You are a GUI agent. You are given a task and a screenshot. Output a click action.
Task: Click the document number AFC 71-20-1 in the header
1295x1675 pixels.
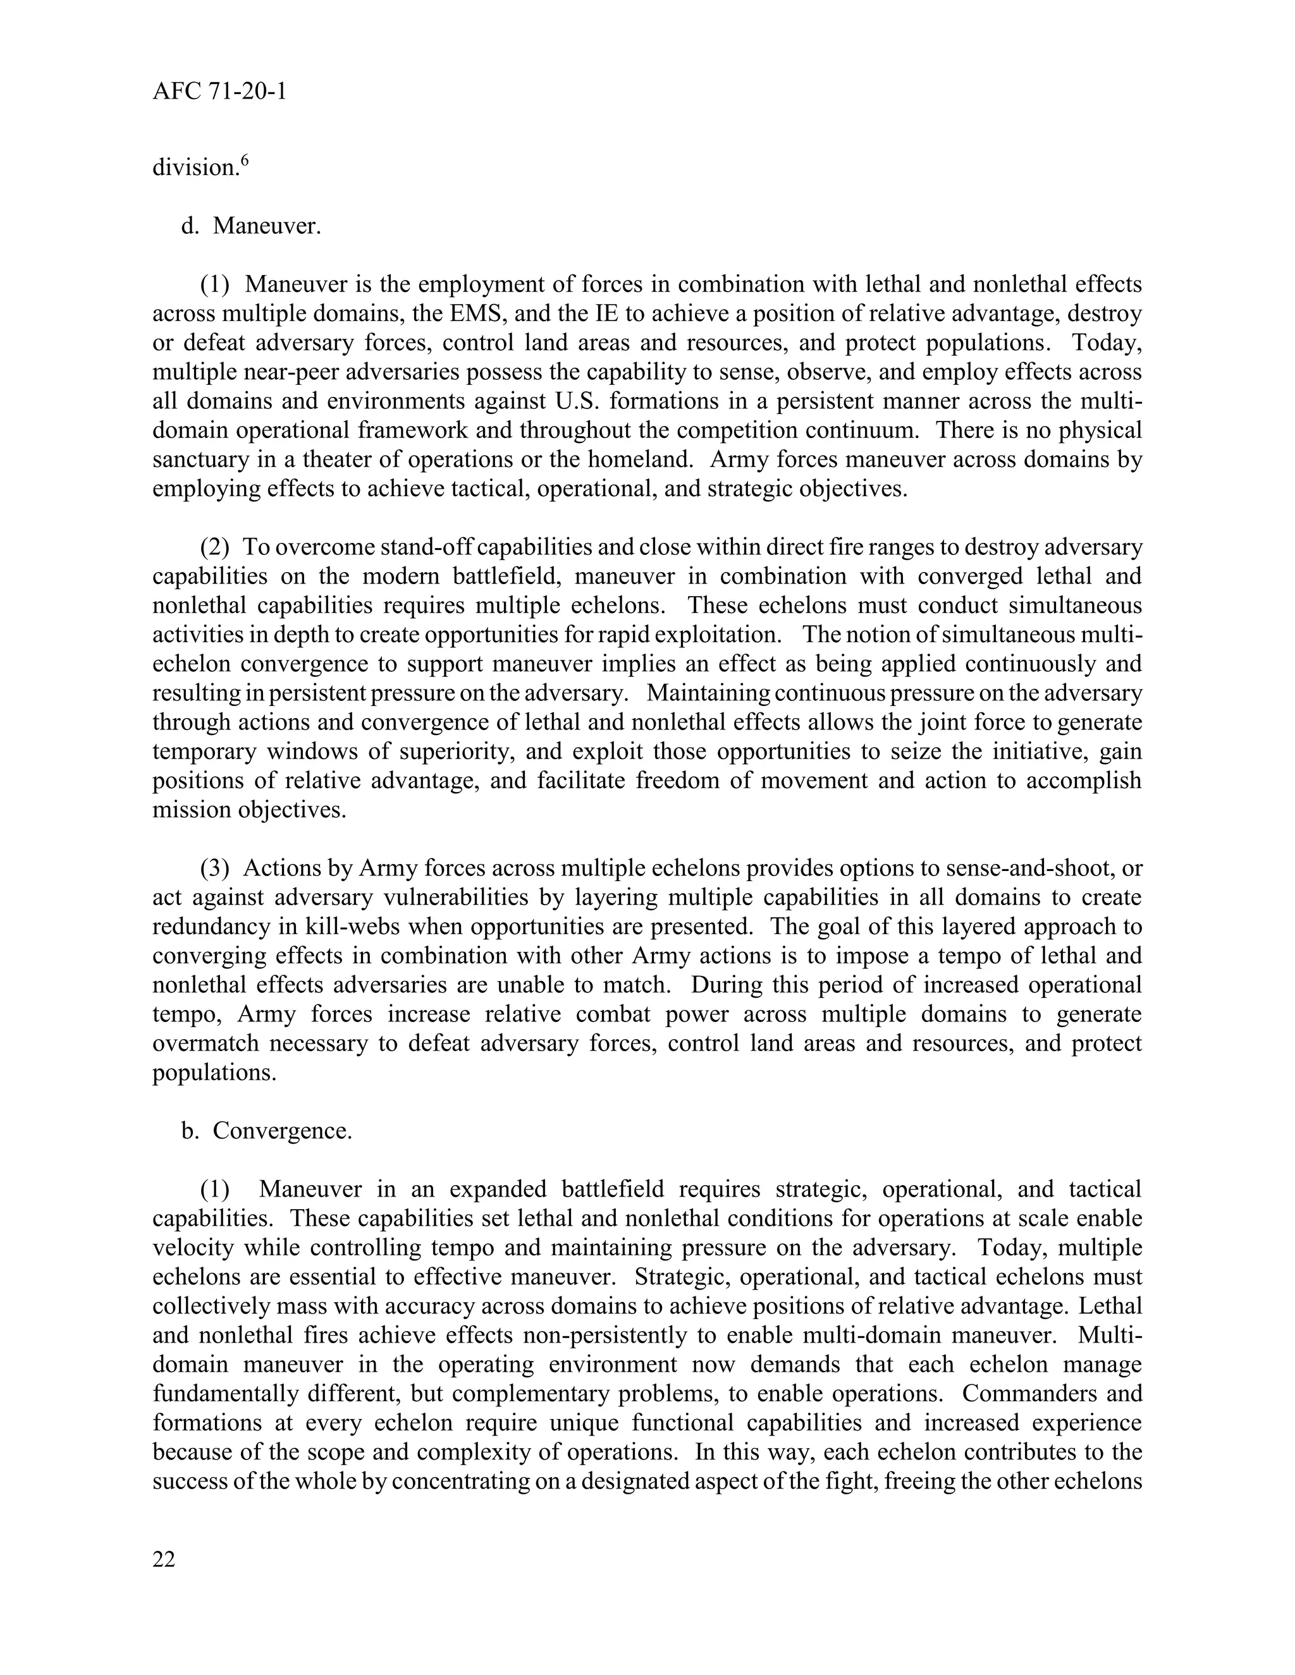(219, 92)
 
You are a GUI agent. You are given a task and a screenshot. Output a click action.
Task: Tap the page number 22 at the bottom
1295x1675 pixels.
(164, 1559)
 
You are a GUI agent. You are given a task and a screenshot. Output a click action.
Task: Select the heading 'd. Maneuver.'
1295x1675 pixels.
(251, 226)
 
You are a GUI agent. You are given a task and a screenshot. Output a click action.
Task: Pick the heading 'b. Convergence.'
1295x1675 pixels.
(266, 1131)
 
